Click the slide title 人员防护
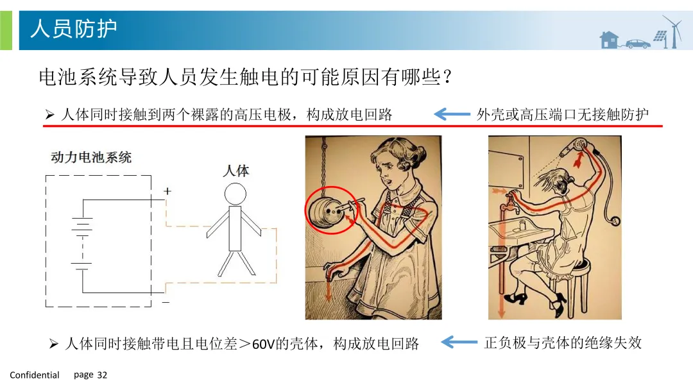pyautogui.click(x=73, y=29)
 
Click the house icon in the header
pyautogui.click(x=608, y=39)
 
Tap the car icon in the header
pyautogui.click(x=638, y=44)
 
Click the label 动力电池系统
pyautogui.click(x=91, y=157)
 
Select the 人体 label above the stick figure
pyautogui.click(x=235, y=171)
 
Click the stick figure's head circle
pyautogui.click(x=235, y=194)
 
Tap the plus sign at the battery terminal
pyautogui.click(x=167, y=191)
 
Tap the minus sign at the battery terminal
pyautogui.click(x=166, y=302)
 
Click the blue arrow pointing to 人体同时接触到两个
pyautogui.click(x=452, y=114)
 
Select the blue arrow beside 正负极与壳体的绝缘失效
pyautogui.click(x=459, y=342)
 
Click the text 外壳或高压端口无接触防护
pyautogui.click(x=563, y=114)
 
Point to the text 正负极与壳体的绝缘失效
pyautogui.click(x=563, y=343)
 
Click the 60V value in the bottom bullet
pyautogui.click(x=264, y=344)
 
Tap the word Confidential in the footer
pyautogui.click(x=35, y=375)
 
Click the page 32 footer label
pyautogui.click(x=90, y=375)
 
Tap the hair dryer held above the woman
pyautogui.click(x=574, y=147)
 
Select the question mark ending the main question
pyautogui.click(x=447, y=77)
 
